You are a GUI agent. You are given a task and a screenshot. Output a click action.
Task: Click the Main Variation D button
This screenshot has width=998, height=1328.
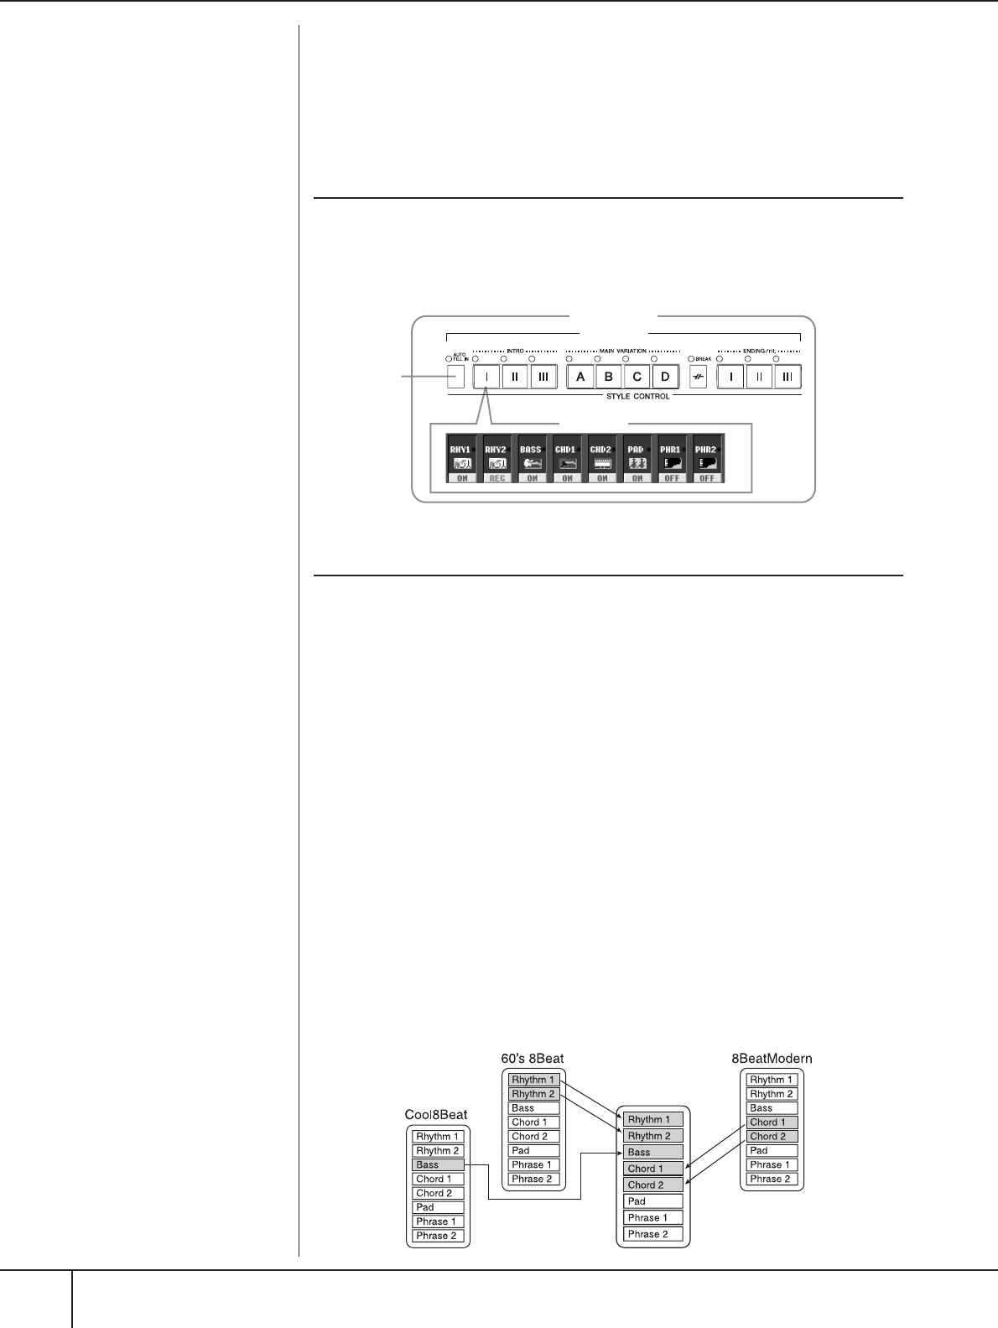(x=665, y=377)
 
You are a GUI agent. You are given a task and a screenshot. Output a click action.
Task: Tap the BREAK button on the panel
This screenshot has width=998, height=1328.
(x=696, y=377)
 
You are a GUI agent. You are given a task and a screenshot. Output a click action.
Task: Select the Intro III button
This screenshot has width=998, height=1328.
(x=543, y=377)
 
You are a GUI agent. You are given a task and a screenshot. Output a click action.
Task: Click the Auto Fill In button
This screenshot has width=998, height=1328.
(x=455, y=376)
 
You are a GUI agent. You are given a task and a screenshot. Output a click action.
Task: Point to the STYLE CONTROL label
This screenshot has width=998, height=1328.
(x=638, y=396)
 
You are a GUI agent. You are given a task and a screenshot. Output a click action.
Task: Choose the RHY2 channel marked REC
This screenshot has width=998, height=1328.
(x=496, y=459)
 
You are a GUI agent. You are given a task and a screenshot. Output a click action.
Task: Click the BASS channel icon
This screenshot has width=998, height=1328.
(x=532, y=462)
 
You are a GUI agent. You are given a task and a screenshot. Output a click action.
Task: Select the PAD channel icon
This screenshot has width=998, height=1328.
(x=637, y=462)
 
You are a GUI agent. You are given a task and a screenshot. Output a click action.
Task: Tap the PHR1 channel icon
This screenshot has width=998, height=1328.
(x=672, y=462)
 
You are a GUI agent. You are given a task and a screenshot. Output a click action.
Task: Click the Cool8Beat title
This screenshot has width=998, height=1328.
(x=436, y=1116)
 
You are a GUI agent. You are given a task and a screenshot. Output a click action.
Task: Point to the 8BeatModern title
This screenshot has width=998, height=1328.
(x=772, y=1059)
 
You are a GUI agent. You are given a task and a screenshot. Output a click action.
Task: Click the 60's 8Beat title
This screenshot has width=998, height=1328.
(x=538, y=1059)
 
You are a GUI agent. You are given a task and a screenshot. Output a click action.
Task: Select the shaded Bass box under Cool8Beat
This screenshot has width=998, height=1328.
(x=438, y=1164)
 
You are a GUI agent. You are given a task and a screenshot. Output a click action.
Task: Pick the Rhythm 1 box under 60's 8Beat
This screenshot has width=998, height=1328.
(x=533, y=1080)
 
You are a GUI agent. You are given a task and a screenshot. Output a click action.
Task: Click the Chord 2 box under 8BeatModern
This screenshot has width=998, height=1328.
(x=772, y=1136)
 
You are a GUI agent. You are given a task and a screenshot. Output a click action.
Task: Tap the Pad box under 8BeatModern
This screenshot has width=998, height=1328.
(x=772, y=1150)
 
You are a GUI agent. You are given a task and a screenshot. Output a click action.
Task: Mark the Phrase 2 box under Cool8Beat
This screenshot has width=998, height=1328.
(x=438, y=1236)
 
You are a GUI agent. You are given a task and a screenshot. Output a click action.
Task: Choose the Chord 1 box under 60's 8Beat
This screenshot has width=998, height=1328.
(x=533, y=1122)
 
